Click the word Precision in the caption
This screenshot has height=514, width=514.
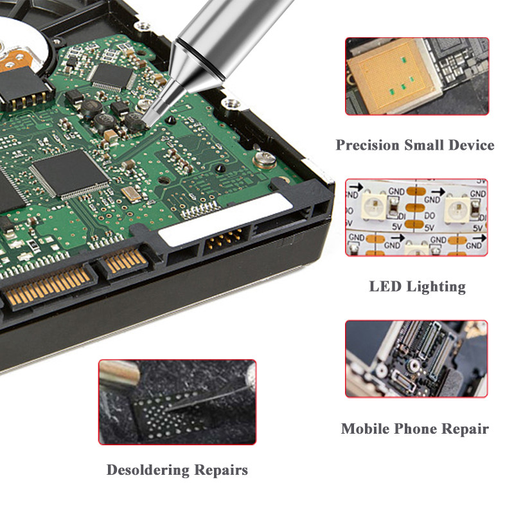tap(367, 145)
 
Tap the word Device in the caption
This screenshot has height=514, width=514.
tap(472, 145)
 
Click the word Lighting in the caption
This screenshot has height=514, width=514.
tap(436, 287)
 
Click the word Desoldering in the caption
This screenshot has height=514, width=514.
tap(148, 470)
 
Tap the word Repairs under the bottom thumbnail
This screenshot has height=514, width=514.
tap(221, 471)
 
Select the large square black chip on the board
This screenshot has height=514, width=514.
tap(71, 173)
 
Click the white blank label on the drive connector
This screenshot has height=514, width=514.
tap(226, 219)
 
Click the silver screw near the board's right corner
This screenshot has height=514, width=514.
tap(265, 159)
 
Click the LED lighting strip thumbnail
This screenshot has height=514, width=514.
tap(416, 217)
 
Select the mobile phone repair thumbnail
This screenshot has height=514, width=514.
tap(416, 359)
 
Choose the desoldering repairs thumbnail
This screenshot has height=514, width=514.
tap(177, 402)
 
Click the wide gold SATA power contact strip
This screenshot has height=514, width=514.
tap(48, 285)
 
